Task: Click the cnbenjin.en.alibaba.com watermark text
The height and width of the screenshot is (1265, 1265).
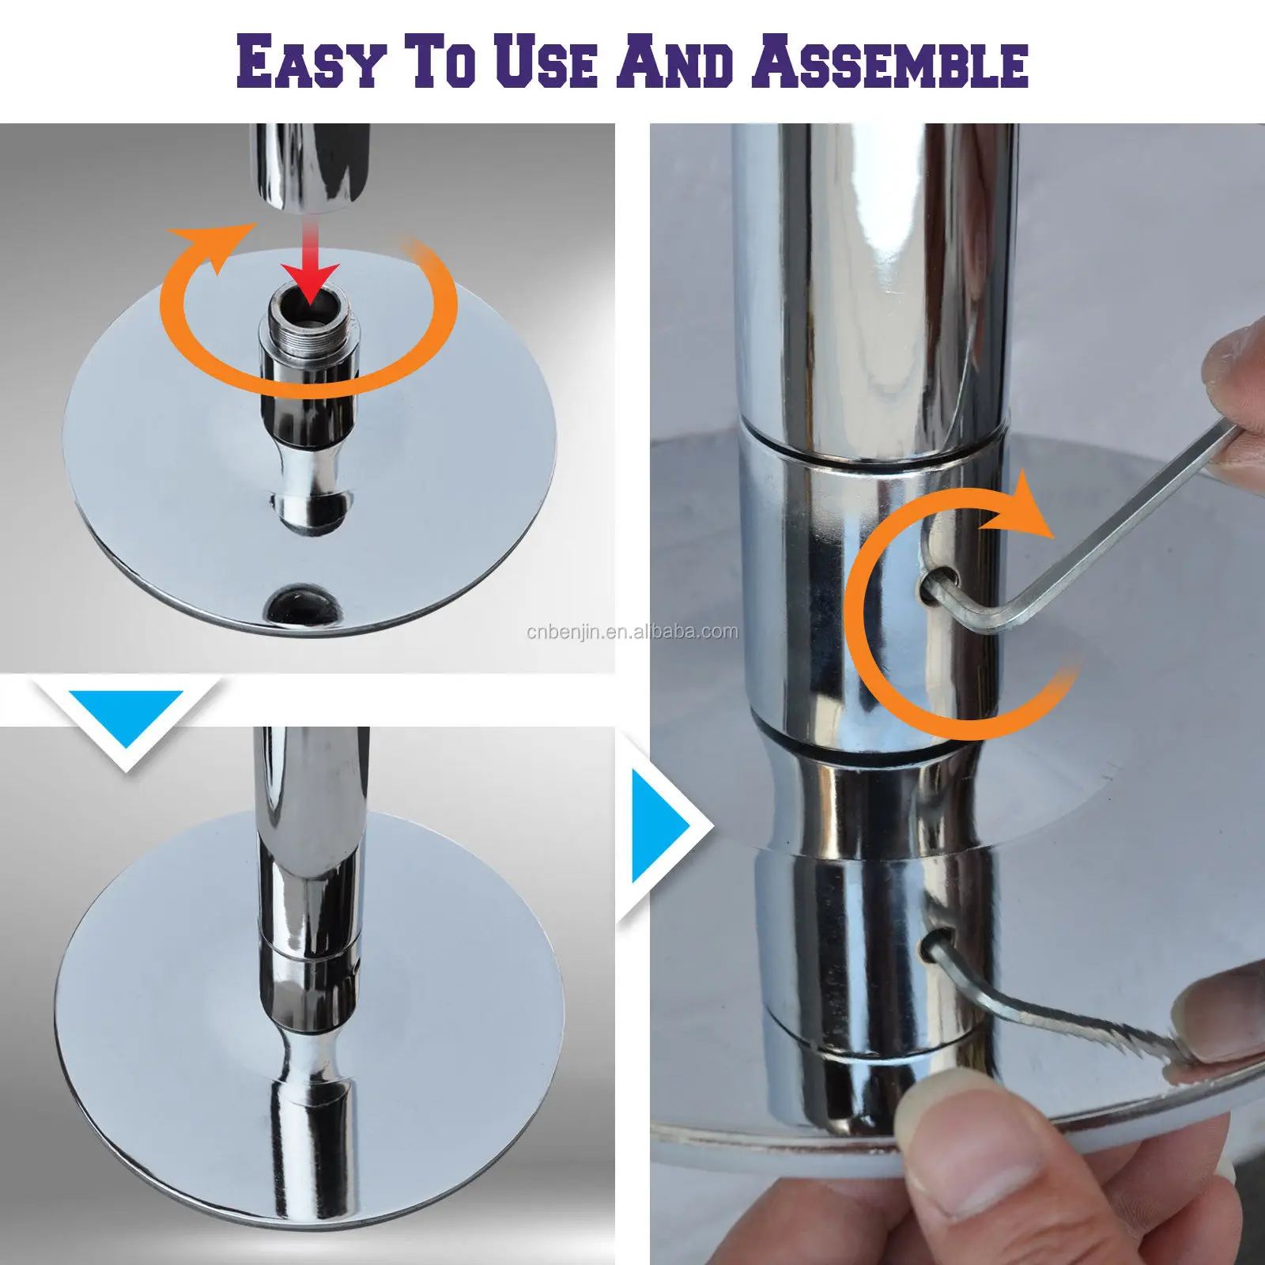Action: (632, 632)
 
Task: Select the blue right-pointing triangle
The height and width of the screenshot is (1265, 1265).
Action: (661, 827)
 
